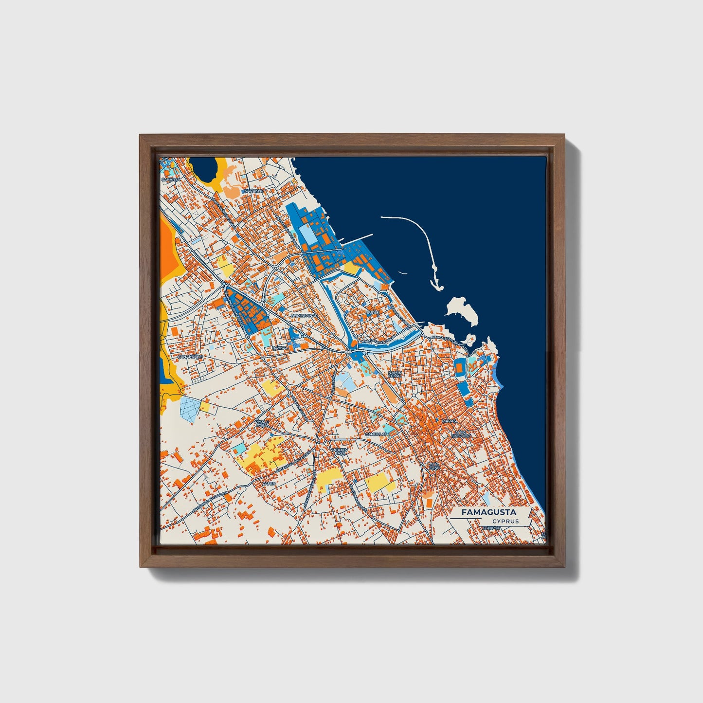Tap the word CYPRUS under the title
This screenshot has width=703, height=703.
click(505, 522)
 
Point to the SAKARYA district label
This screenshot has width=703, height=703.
click(171, 179)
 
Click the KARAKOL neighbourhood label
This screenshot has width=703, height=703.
click(254, 191)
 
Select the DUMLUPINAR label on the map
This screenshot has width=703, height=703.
click(304, 315)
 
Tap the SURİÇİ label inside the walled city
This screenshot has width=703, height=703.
click(373, 311)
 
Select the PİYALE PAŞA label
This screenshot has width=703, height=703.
click(262, 424)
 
